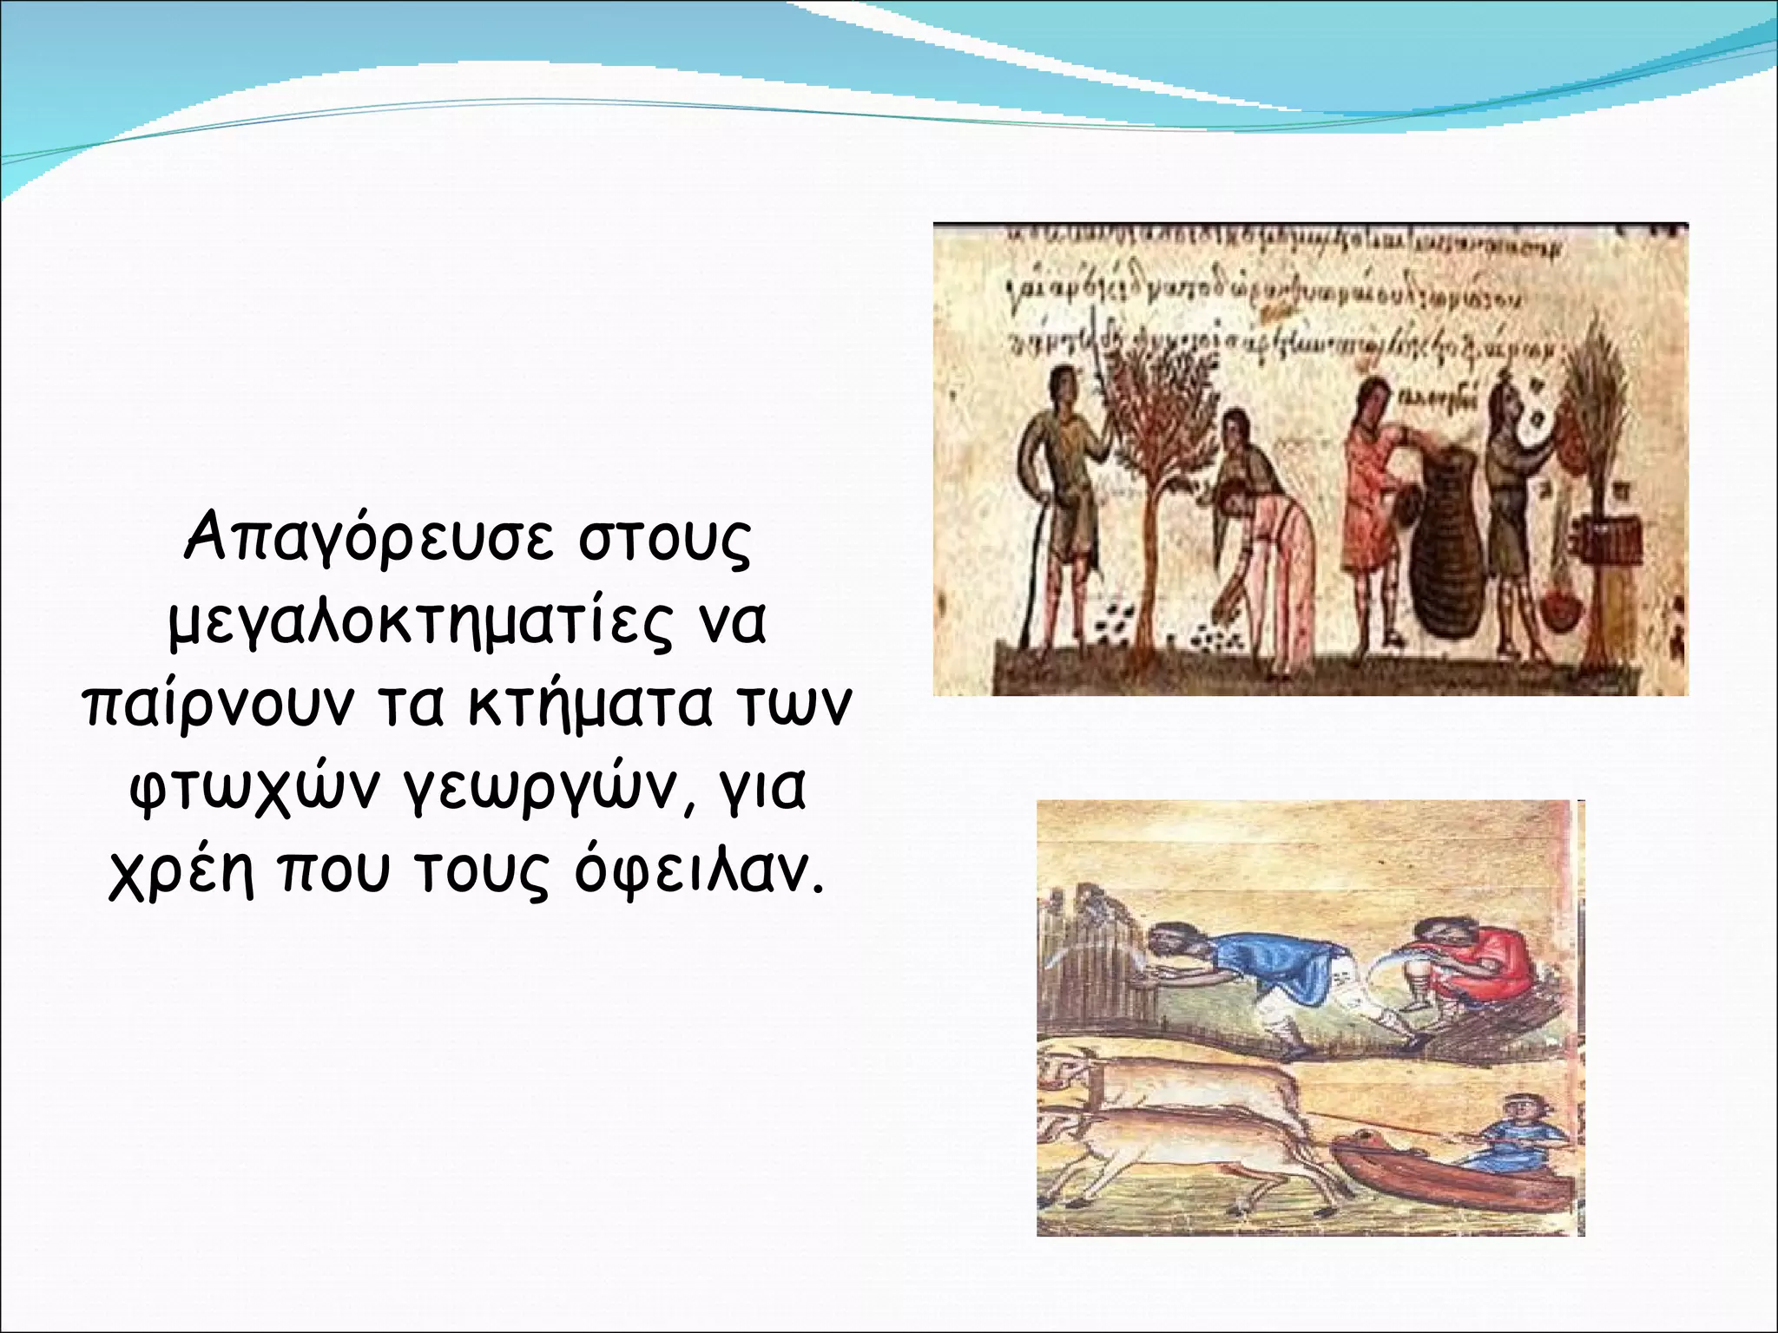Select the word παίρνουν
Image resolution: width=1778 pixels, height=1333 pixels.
point(217,706)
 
